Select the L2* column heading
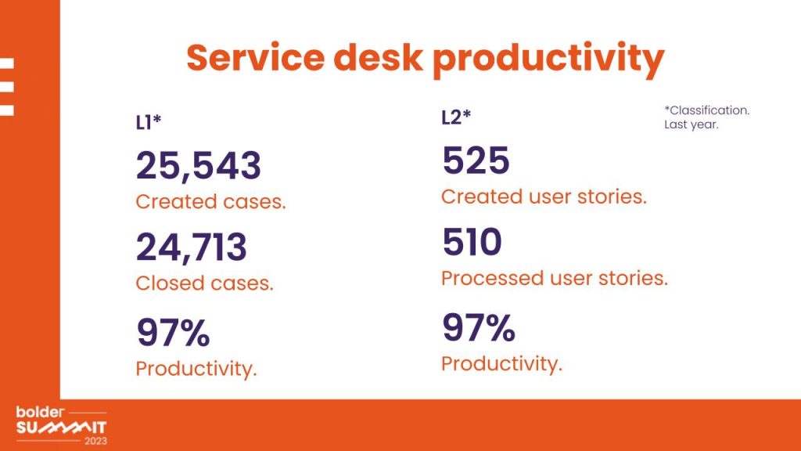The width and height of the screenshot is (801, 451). click(456, 117)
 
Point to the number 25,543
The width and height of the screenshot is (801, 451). click(199, 166)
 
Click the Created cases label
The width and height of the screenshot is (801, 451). click(210, 202)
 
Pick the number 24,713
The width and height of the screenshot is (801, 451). click(192, 247)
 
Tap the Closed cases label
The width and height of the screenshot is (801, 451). click(204, 283)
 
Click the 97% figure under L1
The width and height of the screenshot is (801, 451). click(173, 333)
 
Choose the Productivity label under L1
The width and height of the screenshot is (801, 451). click(196, 369)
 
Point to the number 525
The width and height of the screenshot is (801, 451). click(476, 161)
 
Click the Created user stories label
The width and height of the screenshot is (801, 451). click(544, 197)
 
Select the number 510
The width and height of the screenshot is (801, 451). click(472, 243)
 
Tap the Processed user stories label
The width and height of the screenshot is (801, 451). click(554, 278)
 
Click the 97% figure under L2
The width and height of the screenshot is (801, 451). click(479, 328)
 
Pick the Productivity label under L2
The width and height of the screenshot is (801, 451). click(501, 364)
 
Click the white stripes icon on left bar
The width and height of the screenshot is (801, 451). click(7, 87)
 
